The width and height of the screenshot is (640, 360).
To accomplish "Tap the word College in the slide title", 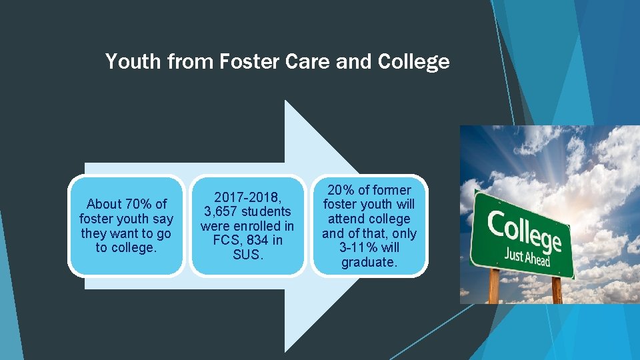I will (x=413, y=62).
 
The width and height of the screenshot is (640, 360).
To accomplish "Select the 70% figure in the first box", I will (x=139, y=204).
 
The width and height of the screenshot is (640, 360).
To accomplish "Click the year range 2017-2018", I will (x=247, y=197).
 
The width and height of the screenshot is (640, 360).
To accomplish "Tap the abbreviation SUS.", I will (x=247, y=255).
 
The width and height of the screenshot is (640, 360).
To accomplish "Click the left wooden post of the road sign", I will (x=494, y=288).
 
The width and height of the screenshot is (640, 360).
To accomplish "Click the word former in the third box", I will (x=393, y=190).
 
